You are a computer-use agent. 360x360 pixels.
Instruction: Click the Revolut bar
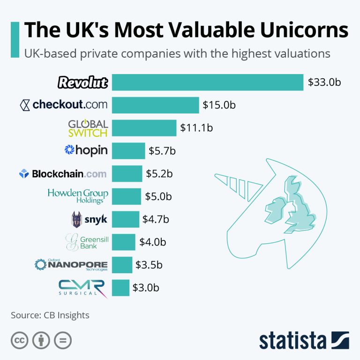click(208, 82)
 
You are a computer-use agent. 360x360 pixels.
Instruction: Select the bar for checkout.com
click(156, 105)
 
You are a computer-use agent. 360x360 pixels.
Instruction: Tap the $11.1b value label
click(197, 127)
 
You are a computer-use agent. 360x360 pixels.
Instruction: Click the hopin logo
click(86, 150)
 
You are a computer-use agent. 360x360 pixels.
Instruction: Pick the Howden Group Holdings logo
click(78, 196)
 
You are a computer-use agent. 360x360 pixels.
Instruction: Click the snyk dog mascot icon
click(76, 219)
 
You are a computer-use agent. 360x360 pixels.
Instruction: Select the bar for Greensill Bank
click(124, 242)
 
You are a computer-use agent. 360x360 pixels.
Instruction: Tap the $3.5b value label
click(149, 265)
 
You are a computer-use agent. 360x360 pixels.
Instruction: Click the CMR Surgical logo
click(82, 288)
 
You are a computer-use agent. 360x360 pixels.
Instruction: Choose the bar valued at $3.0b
click(121, 288)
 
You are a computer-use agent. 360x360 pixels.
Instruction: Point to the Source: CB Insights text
click(50, 315)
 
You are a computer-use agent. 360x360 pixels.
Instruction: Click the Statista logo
click(304, 340)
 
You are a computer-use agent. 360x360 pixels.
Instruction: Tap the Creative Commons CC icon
click(19, 340)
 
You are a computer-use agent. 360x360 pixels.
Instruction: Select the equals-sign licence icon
click(62, 340)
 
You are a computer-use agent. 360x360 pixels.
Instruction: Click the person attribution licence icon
click(40, 340)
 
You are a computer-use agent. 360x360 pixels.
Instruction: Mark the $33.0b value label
click(324, 82)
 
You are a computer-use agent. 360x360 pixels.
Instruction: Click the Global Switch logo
click(88, 127)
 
